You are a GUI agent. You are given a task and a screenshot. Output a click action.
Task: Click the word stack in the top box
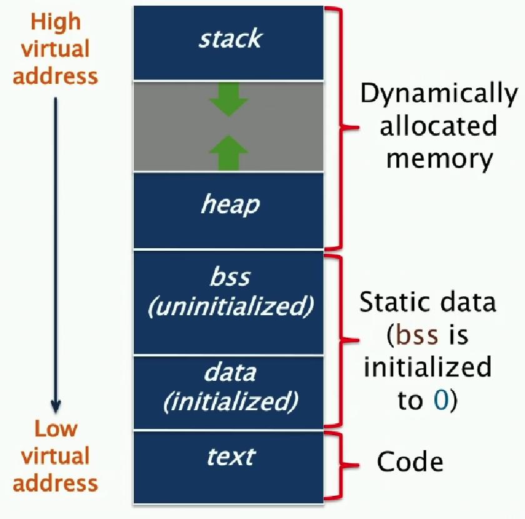tap(229, 39)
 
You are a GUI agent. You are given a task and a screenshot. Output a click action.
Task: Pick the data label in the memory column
tap(229, 373)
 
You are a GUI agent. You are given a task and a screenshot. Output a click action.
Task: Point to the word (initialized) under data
tap(229, 401)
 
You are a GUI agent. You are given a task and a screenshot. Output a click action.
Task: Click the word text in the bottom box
tap(229, 457)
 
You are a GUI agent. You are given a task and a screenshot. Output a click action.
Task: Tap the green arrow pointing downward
tap(229, 101)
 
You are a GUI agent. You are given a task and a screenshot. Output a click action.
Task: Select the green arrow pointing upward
tap(229, 153)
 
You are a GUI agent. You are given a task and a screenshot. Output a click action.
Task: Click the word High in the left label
tap(56, 22)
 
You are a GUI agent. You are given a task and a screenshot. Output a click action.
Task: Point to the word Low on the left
tap(56, 430)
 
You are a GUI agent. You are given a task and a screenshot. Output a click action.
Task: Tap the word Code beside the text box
tap(409, 463)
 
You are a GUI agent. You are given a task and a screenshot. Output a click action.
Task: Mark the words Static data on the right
tap(427, 303)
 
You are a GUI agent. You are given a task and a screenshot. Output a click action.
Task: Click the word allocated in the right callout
tap(438, 126)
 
